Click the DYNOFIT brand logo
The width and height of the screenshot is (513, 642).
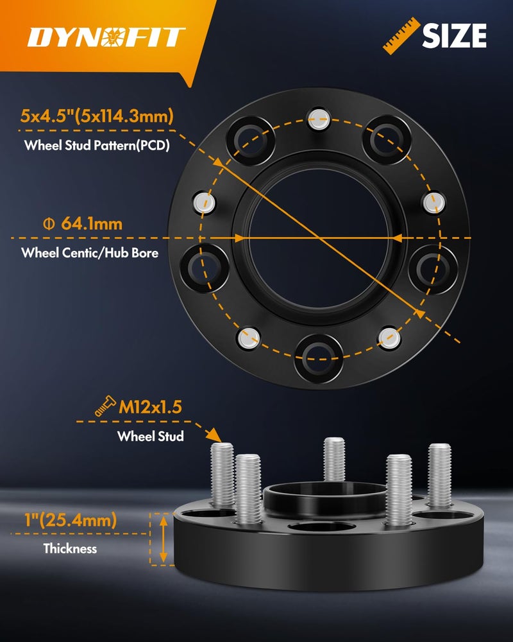[106, 37]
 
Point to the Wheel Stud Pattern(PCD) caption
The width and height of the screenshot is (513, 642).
[96, 145]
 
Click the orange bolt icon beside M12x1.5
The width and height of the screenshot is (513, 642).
[105, 406]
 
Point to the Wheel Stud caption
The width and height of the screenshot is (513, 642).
[150, 437]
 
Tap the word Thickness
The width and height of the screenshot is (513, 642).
[70, 549]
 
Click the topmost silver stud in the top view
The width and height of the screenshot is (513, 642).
[317, 116]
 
